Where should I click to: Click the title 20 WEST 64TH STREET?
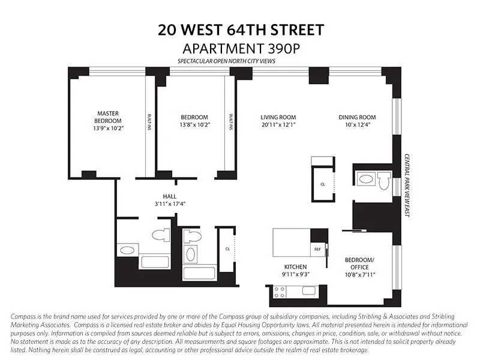coord(239,30)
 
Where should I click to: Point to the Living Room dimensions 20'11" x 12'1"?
coord(278,125)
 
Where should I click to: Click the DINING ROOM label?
coord(357,117)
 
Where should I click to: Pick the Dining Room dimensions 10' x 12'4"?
coord(357,125)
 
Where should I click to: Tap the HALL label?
coord(169,196)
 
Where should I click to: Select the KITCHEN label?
coord(295,266)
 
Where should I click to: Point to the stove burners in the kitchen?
coord(280,292)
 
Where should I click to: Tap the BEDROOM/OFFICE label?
coord(359,263)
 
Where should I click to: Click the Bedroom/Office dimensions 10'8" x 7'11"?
coord(359,275)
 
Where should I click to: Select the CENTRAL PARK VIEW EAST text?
coord(406,184)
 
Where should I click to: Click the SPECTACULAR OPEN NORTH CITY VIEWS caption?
coord(239,61)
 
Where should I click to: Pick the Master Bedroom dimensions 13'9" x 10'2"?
coord(108,128)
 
